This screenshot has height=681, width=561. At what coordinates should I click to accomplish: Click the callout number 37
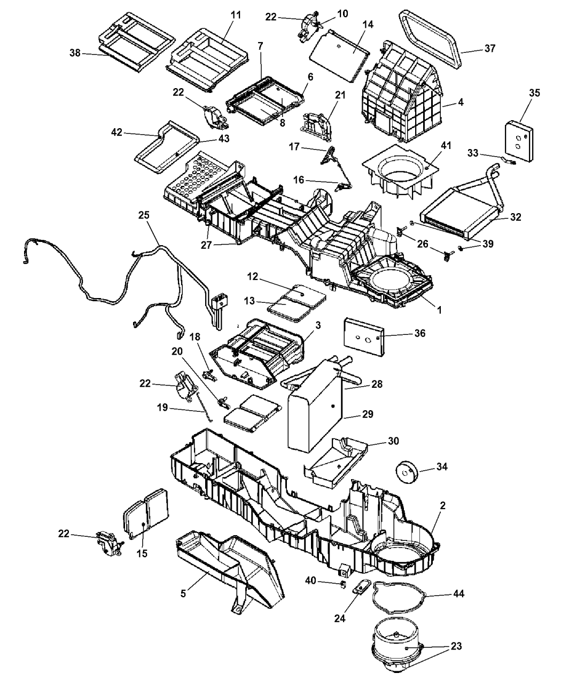(490, 49)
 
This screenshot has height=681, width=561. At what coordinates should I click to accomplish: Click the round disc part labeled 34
(408, 471)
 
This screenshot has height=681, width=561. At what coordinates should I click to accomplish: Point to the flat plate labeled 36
(363, 336)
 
